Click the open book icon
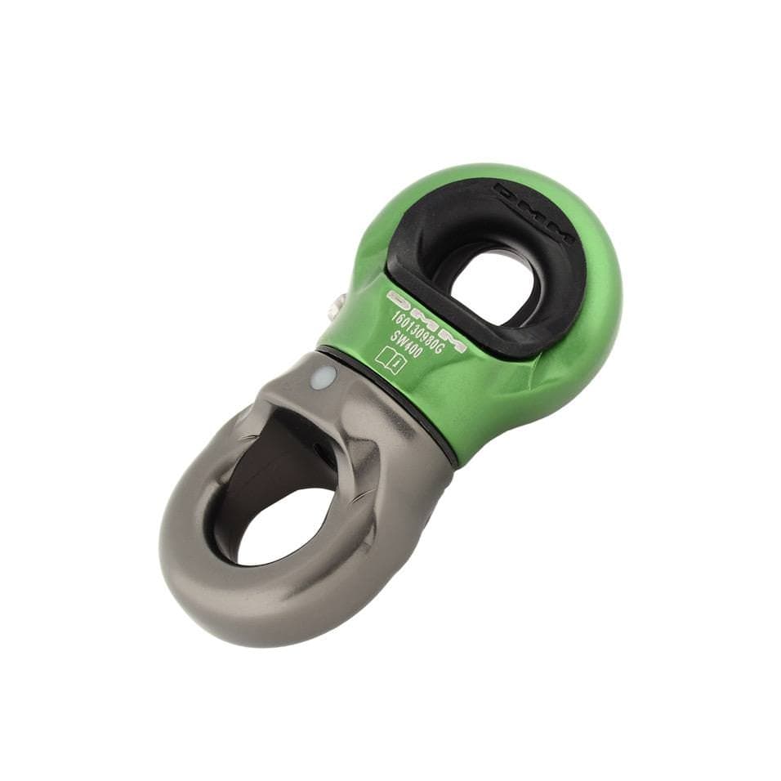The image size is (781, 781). pyautogui.click(x=390, y=359)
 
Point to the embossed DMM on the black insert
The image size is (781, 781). pyautogui.click(x=535, y=215)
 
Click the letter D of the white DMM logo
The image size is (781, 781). pyautogui.click(x=398, y=298)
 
